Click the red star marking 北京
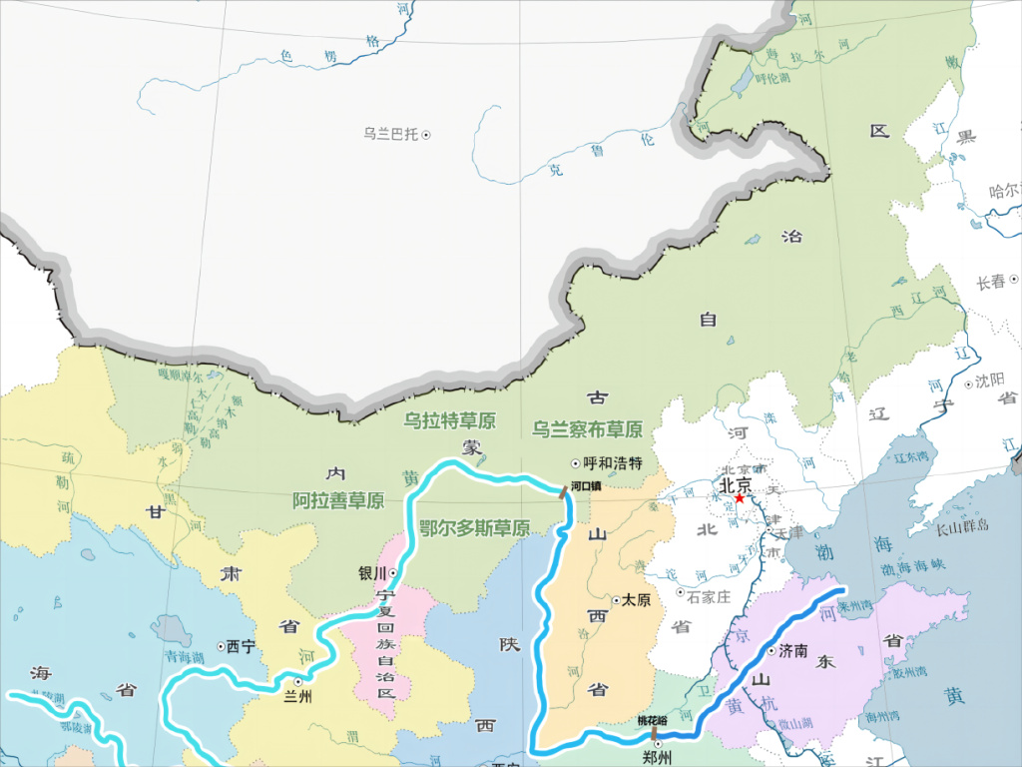(x=739, y=498)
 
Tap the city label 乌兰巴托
(x=390, y=134)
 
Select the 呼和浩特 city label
(x=613, y=463)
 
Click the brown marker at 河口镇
(x=564, y=490)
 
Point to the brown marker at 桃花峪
(x=655, y=734)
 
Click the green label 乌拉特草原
(x=449, y=420)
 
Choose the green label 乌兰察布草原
(x=586, y=429)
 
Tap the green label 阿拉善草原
(x=338, y=500)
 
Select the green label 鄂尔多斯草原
(x=474, y=528)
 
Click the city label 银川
(x=371, y=573)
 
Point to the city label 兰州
(x=298, y=697)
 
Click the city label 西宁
(x=242, y=646)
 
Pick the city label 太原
(x=636, y=600)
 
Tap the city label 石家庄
(x=710, y=594)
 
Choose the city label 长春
(x=992, y=283)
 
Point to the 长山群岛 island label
(x=962, y=525)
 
